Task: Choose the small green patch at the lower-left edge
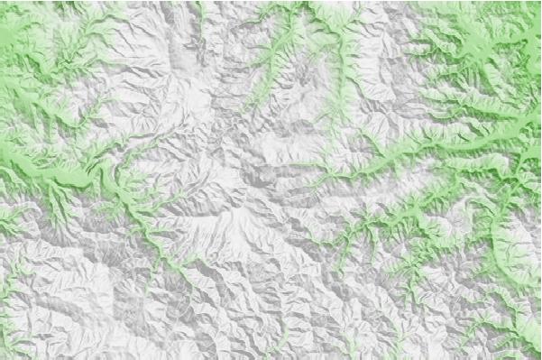[9, 217]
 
